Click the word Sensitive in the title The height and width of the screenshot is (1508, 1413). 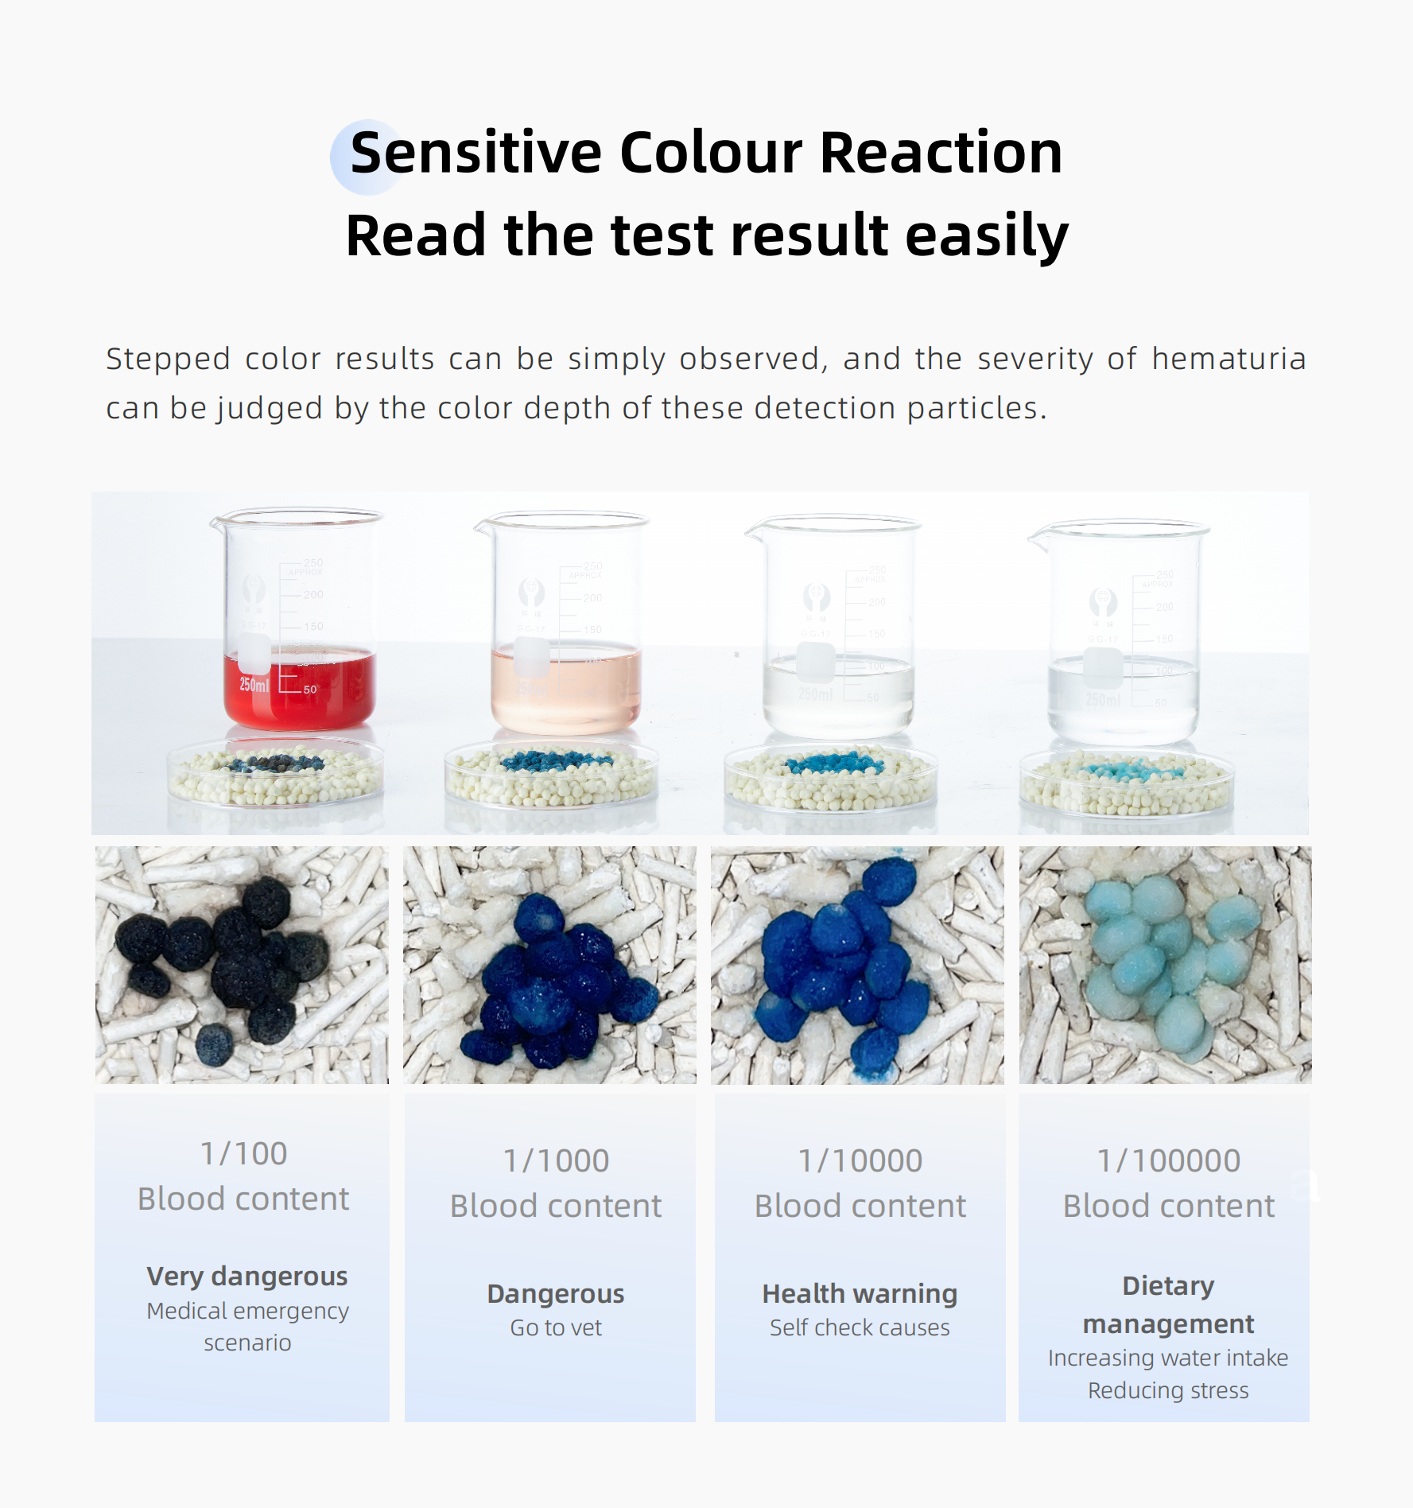pos(476,152)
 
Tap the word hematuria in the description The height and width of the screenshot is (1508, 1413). pos(1229,359)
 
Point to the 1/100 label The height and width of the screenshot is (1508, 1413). pos(243,1153)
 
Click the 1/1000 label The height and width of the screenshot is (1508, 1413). pos(556,1160)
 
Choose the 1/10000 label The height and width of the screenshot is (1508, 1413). pos(860,1160)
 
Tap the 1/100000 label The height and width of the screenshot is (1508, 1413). pos(1169,1160)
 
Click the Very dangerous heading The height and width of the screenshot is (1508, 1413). pos(247,1277)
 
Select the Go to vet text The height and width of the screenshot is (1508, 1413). pos(556,1327)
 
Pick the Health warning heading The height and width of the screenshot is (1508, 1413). pos(860,1294)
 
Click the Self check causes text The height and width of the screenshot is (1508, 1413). pos(860,1327)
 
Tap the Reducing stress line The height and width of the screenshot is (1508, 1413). pos(1168,1390)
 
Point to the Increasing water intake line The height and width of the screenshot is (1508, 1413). pos(1168,1358)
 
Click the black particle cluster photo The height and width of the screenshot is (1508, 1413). pos(243,965)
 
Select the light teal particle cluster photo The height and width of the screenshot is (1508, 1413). pos(1166,965)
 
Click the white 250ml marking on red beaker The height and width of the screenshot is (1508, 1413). pos(254,685)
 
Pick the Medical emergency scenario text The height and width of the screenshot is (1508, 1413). pos(247,1327)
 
